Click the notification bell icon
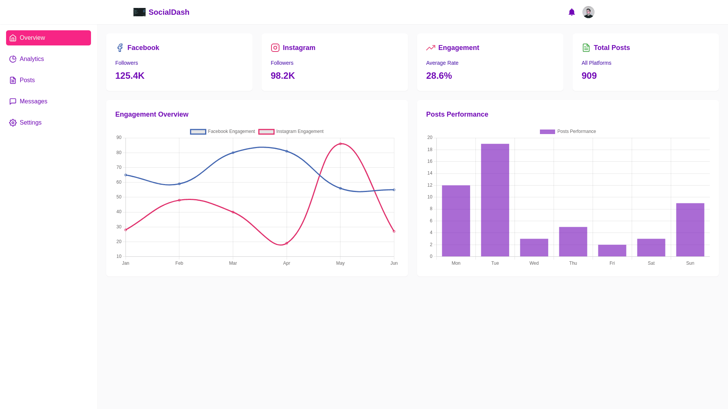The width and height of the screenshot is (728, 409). click(x=572, y=12)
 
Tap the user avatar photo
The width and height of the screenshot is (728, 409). click(x=588, y=12)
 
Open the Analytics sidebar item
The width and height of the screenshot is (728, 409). click(x=32, y=59)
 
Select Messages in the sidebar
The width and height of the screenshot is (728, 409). click(x=33, y=101)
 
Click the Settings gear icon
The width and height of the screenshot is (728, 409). click(x=13, y=123)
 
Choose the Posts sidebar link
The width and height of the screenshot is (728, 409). click(x=27, y=80)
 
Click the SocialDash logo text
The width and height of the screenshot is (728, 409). click(x=169, y=12)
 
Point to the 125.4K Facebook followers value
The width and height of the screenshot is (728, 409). click(x=130, y=76)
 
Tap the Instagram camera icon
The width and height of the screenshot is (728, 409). click(x=275, y=48)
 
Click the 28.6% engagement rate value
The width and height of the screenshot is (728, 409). click(x=439, y=76)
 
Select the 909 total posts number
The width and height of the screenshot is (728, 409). click(x=589, y=76)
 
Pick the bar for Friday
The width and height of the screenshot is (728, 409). click(x=612, y=251)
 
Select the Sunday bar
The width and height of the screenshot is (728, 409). click(x=690, y=230)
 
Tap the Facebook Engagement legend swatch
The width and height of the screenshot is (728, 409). click(x=198, y=132)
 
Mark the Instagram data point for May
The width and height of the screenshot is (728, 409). click(x=340, y=144)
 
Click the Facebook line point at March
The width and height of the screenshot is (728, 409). click(x=233, y=153)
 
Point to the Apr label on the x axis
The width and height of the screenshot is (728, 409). click(x=287, y=263)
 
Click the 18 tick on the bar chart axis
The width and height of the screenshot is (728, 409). click(x=430, y=150)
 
